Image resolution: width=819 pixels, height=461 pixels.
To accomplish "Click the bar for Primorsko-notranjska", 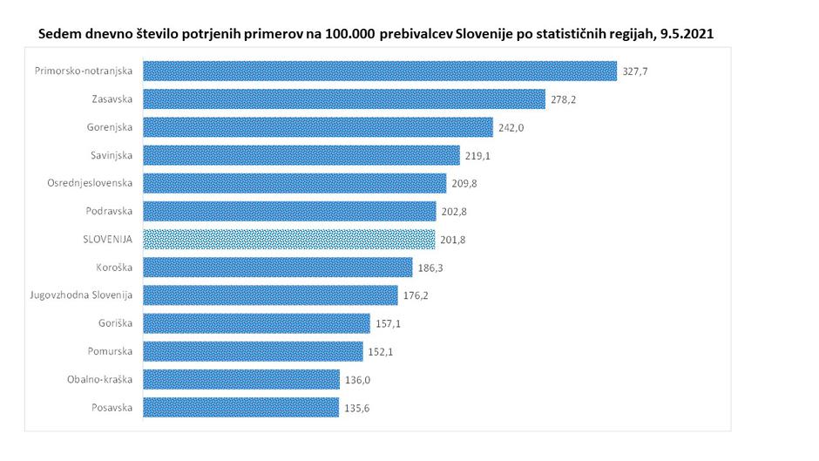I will pos(379,71).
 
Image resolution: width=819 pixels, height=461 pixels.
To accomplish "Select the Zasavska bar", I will pos(343,99).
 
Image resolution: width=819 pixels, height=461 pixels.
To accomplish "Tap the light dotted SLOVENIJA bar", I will pos(288,239).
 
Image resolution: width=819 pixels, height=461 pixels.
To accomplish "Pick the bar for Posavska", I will pos(240,407).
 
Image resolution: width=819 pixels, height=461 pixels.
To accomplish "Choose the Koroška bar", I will pos(277,267).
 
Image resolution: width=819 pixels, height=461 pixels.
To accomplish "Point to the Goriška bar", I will pos(256,323).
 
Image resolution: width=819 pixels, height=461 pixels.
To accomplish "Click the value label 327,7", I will pos(635,71).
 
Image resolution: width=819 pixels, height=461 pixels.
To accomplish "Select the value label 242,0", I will pos(511,127).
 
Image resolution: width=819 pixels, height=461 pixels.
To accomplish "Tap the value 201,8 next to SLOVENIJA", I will pos(452,239).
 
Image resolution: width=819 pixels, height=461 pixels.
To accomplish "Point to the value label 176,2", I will pos(415,295).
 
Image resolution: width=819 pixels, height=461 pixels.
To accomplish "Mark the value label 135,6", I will pos(355,407).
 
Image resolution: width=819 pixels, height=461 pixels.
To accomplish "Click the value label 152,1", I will pos(380,351).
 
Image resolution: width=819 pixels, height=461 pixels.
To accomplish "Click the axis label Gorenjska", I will pos(110,127).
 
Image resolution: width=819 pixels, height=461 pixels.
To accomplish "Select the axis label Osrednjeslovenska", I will pos(90,183).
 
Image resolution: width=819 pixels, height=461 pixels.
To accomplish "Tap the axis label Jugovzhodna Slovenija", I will pos(81,295).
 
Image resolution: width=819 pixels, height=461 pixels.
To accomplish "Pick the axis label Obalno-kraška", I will pos(99,379).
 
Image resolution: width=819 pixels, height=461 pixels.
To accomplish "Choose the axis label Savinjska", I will pos(112,155).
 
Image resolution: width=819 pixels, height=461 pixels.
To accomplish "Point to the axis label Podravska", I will pos(110,211).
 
